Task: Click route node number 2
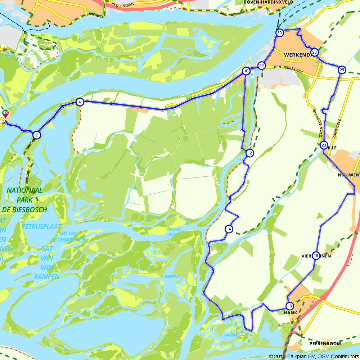point(36,135)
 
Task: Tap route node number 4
point(80,102)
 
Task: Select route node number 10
point(246,71)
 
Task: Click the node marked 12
point(249,153)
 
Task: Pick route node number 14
point(229,229)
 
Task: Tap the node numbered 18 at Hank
point(290,306)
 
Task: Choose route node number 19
point(316,256)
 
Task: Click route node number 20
point(324,145)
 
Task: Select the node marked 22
point(262,66)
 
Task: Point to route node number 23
point(314,53)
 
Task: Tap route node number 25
point(342,70)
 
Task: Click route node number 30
point(279,33)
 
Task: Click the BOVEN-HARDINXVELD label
point(268,2)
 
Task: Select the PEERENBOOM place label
point(325,344)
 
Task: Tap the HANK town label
point(291,313)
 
